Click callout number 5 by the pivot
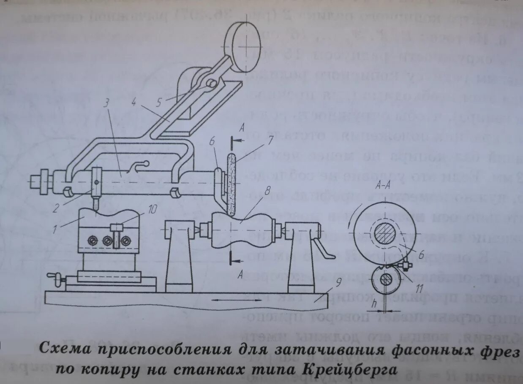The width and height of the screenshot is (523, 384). pyautogui.click(x=159, y=101)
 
